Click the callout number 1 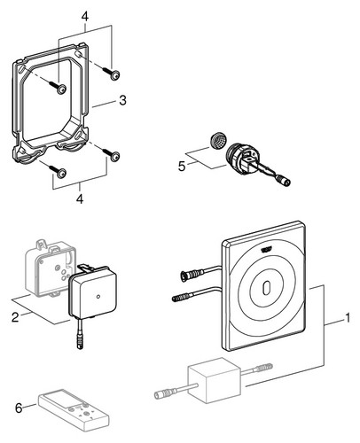348,318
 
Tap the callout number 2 15,317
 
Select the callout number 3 122,100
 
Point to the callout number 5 182,167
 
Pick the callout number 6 19,408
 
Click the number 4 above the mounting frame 85,17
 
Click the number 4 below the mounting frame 80,198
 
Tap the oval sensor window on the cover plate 266,287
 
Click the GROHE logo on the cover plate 266,251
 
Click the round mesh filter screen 218,140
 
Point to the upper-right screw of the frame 112,73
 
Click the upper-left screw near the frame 59,87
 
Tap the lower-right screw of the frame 112,154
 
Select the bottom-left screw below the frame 59,171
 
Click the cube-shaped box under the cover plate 215,381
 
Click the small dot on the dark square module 98,296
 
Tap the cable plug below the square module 80,343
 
